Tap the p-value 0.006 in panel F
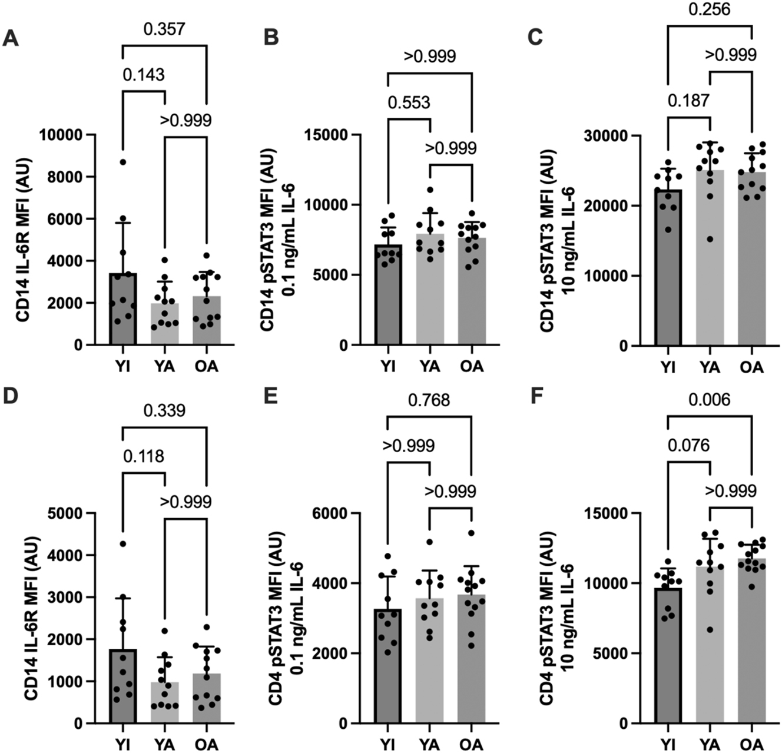709,400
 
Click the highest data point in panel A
122,162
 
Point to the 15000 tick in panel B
329,135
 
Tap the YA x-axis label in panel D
164,744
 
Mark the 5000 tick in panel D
63,513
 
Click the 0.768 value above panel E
429,400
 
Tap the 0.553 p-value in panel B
409,102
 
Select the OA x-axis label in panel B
472,366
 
